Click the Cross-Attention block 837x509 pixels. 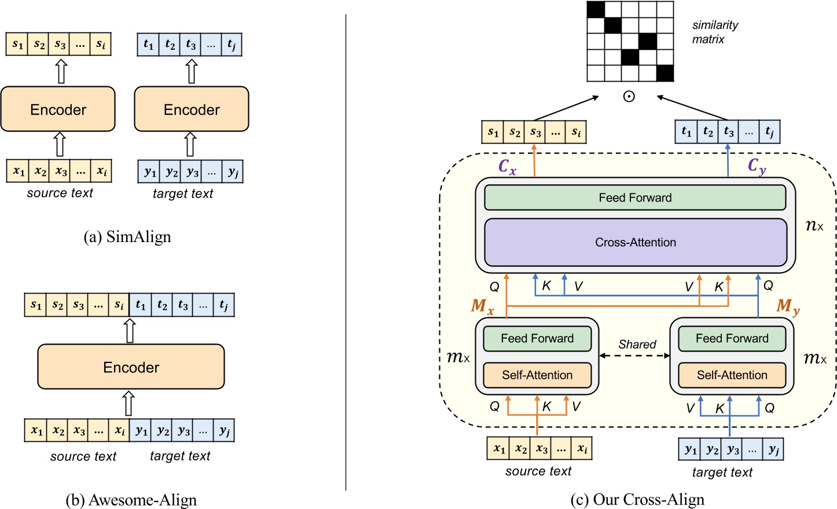pos(635,243)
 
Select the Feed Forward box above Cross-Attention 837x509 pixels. pos(635,197)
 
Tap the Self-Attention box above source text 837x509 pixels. pos(537,375)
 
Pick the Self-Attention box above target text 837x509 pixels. pos(732,375)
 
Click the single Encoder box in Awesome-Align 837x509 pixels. pos(131,367)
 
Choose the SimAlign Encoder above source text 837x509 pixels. pos(58,109)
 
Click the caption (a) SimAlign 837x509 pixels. pos(127,237)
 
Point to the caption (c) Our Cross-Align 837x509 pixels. pos(637,499)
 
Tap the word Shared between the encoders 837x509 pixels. pos(637,344)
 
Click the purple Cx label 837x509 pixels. pos(507,167)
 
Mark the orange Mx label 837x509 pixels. pos(482,306)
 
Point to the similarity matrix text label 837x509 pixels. pos(714,32)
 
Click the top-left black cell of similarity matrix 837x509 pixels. pos(596,10)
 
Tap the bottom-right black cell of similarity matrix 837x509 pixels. pos(665,73)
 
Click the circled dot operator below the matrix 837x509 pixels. pos(629,97)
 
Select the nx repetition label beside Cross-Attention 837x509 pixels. pos(814,225)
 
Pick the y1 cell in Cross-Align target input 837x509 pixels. pos(691,450)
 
